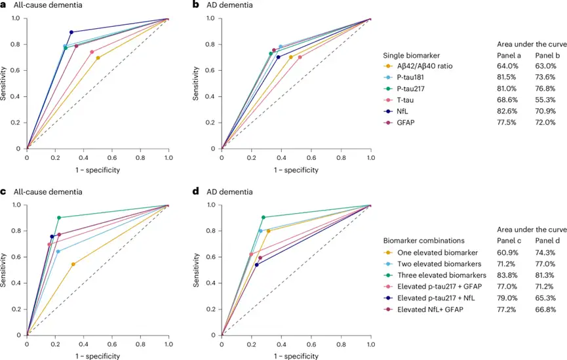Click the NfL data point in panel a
(71, 32)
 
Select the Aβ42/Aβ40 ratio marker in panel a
(98, 58)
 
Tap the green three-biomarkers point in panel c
(59, 218)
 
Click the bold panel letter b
(195, 5)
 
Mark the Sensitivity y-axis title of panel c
(5, 270)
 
